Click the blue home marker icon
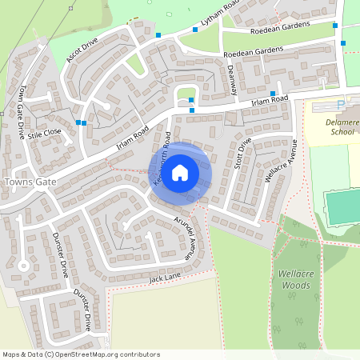pyautogui.click(x=180, y=172)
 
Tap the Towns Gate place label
pyautogui.click(x=30, y=183)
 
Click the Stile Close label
pyautogui.click(x=44, y=134)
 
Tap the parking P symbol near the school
pyautogui.click(x=340, y=105)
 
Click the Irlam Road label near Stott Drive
pyautogui.click(x=268, y=99)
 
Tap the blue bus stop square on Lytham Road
pyautogui.click(x=195, y=30)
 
